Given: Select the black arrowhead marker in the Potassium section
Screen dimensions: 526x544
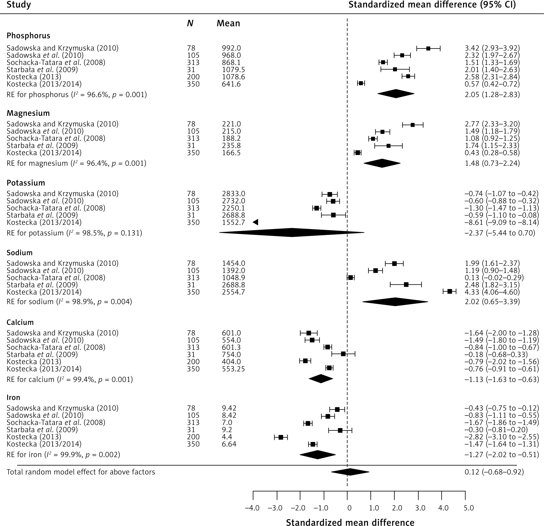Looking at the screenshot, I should [x=255, y=222].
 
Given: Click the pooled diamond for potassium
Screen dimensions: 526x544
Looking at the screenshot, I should [x=292, y=233].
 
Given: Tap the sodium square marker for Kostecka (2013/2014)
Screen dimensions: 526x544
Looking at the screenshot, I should [x=450, y=291].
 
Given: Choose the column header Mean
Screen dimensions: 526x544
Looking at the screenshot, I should [x=228, y=23].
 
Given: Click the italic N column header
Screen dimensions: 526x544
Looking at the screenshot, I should [x=190, y=23].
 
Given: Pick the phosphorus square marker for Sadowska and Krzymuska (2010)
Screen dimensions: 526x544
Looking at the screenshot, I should [x=428, y=48].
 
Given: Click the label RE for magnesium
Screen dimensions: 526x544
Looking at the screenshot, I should [x=37, y=163].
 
